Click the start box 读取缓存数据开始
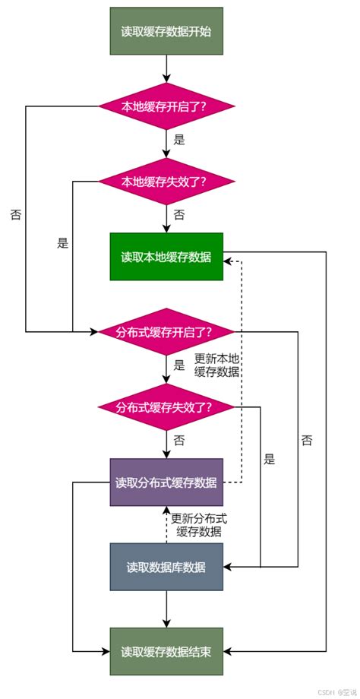[x=166, y=31]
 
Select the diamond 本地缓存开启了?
[x=166, y=106]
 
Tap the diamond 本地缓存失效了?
[x=166, y=182]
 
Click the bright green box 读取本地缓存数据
[x=166, y=256]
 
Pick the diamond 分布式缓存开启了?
[x=166, y=331]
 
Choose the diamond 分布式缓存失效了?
[x=166, y=406]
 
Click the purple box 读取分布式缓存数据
[x=166, y=482]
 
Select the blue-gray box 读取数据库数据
[x=166, y=567]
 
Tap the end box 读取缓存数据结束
[x=166, y=652]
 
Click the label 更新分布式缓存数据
[x=199, y=525]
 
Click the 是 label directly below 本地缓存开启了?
[x=180, y=140]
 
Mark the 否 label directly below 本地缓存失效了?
[x=180, y=215]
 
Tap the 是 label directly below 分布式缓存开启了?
[x=180, y=365]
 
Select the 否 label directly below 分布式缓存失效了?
[x=180, y=440]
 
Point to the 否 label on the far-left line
[x=16, y=215]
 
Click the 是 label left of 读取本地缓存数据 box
[x=63, y=244]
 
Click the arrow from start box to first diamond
[x=166, y=68]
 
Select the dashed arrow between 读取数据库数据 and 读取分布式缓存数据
[x=166, y=524]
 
